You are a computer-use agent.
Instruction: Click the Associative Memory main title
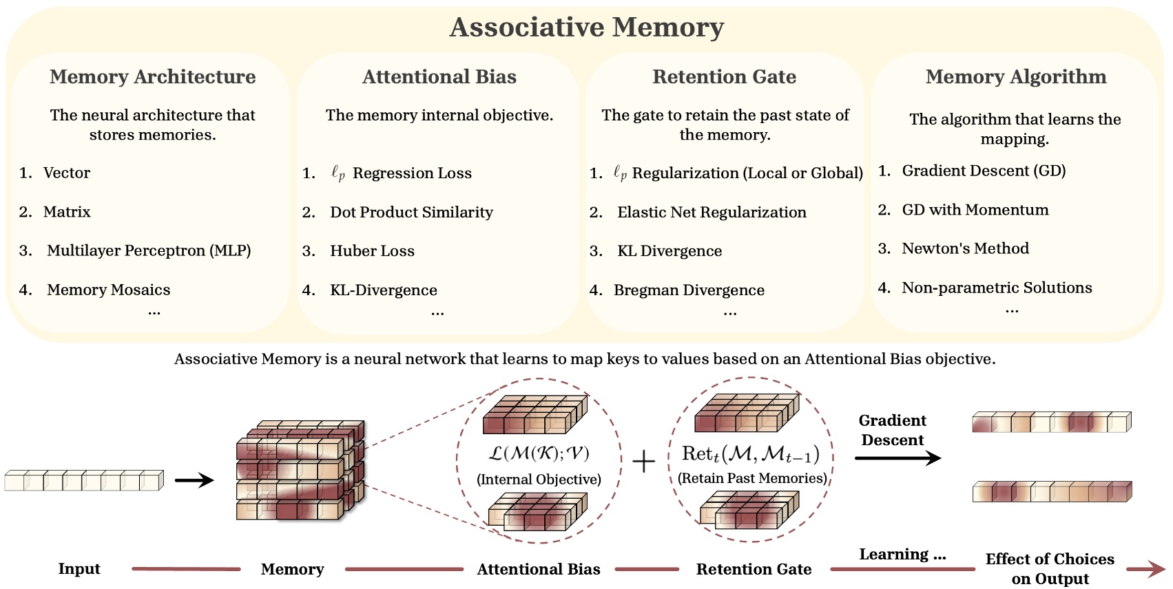(586, 28)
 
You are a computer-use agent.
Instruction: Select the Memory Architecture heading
(152, 77)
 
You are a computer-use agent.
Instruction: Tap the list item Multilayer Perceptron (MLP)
(149, 250)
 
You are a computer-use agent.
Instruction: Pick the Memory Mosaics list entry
(108, 290)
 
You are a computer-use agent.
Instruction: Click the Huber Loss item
(372, 251)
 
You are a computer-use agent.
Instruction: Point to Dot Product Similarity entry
(411, 212)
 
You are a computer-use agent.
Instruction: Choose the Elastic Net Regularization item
(712, 212)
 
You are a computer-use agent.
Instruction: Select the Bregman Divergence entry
(689, 290)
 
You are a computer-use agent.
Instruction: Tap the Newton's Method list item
(965, 248)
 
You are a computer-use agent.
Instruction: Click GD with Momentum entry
(975, 210)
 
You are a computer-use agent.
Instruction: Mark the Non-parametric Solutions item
(997, 288)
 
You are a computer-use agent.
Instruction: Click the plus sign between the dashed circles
(643, 462)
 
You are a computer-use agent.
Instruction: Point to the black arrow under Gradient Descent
(897, 458)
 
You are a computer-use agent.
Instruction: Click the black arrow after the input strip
(194, 480)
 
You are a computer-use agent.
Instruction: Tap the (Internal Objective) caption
(539, 480)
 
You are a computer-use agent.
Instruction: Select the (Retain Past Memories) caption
(752, 478)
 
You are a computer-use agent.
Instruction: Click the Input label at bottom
(79, 569)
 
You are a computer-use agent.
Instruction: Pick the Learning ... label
(902, 555)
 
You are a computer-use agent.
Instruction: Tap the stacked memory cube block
(300, 471)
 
